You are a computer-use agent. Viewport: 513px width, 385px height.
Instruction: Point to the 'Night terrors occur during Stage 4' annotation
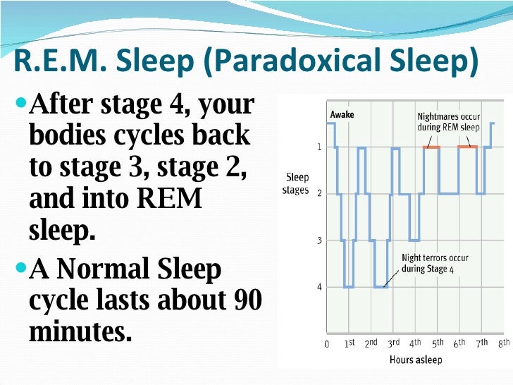point(435,263)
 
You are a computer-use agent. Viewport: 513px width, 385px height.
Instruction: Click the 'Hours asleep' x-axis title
point(416,360)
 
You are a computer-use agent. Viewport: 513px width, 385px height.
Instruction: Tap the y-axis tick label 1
point(319,147)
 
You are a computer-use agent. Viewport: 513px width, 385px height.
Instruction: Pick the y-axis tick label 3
point(319,240)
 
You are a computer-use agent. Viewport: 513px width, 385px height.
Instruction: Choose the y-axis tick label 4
point(319,287)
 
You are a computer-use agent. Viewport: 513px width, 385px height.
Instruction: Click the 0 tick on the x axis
point(326,345)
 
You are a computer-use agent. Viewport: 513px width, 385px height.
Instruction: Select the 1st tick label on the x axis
point(350,344)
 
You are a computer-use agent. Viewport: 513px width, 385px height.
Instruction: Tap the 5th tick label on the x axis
point(438,344)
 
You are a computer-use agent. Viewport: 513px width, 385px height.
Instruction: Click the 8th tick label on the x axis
point(503,344)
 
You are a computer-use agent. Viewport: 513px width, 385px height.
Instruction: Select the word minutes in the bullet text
point(80,331)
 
